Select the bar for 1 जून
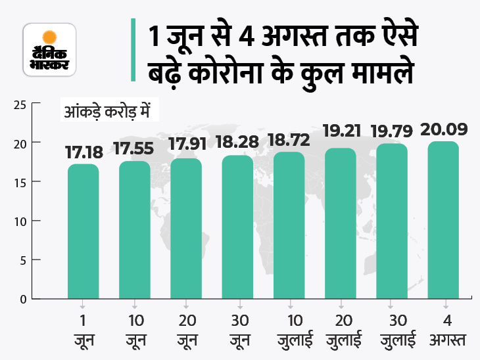click(83, 231)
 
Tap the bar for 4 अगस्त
click(443, 220)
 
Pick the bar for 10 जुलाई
click(289, 225)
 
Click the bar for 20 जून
click(186, 229)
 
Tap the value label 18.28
click(237, 145)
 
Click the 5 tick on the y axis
click(22, 260)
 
